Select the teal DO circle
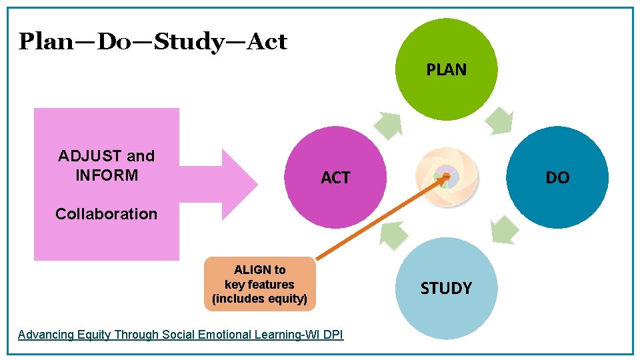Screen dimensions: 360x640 click(557, 177)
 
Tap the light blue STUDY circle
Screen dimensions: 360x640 click(446, 289)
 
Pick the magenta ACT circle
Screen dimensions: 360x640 click(335, 177)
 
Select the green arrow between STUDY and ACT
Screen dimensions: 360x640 click(394, 234)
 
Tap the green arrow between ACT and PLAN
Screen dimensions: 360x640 click(388, 124)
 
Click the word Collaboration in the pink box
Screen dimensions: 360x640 click(107, 214)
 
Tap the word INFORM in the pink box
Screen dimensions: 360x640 click(107, 175)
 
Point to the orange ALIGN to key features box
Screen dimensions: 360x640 click(259, 284)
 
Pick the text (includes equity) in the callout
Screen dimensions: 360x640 click(259, 299)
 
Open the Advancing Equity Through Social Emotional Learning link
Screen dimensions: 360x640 click(180, 335)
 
